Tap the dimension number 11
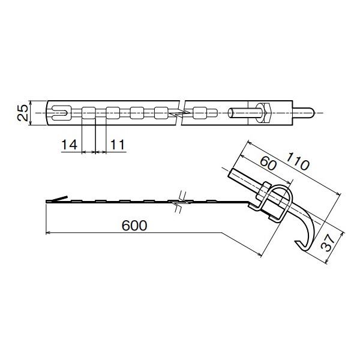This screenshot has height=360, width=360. [118, 145]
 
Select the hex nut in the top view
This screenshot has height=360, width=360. [266, 112]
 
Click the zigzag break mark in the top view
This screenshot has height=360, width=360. [179, 112]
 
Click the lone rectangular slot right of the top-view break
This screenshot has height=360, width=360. [199, 112]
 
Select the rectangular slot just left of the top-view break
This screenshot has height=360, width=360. [161, 112]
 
